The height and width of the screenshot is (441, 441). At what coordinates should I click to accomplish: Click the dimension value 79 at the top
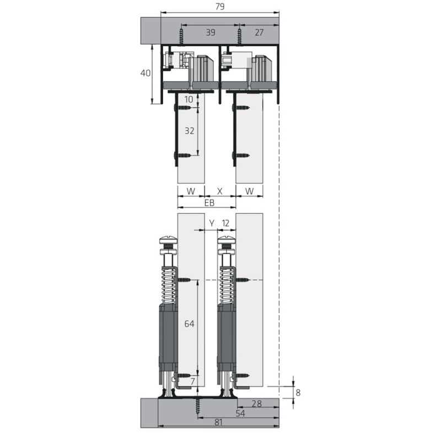(x=220, y=7)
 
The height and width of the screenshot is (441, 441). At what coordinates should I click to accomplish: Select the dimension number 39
(x=211, y=33)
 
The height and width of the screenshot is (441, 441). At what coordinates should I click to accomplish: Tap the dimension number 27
(x=259, y=33)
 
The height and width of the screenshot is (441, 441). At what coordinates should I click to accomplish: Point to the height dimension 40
(x=146, y=73)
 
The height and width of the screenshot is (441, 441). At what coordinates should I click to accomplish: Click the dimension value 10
(x=189, y=99)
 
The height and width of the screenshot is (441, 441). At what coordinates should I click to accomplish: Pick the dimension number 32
(x=189, y=131)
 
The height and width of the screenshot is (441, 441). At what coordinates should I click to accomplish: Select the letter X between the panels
(x=220, y=191)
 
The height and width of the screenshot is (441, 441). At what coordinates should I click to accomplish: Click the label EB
(x=209, y=202)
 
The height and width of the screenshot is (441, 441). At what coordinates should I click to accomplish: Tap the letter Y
(x=212, y=223)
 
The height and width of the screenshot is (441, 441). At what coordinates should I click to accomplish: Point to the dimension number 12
(x=225, y=223)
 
